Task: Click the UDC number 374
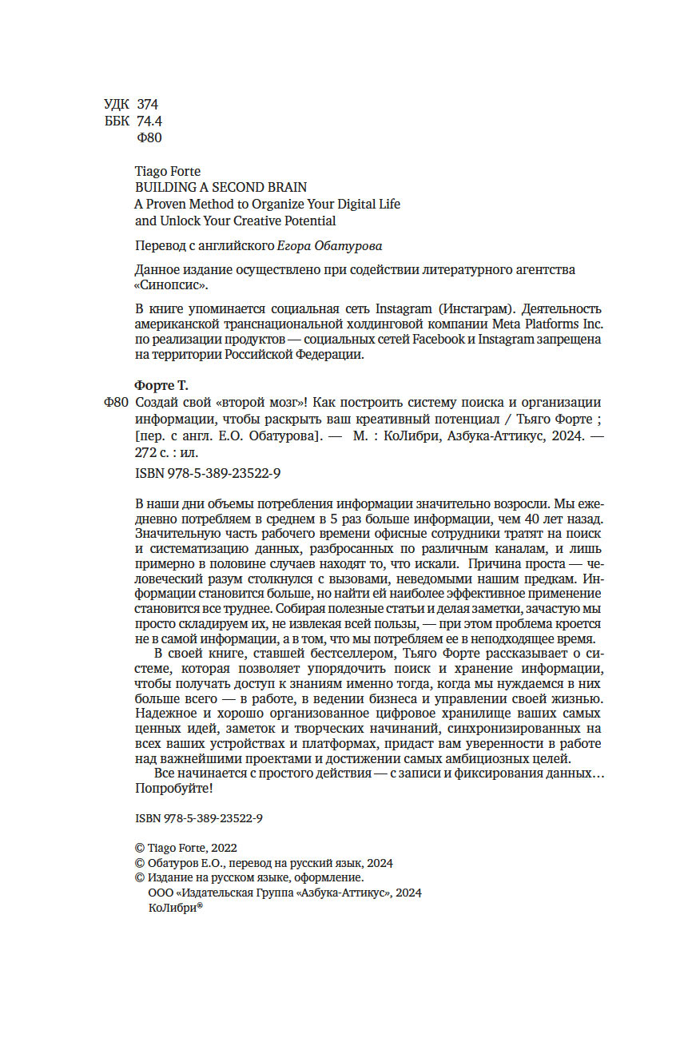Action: (x=148, y=105)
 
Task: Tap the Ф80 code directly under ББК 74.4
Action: (x=150, y=138)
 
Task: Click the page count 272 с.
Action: (x=158, y=451)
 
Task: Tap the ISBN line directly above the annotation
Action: (x=209, y=474)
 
